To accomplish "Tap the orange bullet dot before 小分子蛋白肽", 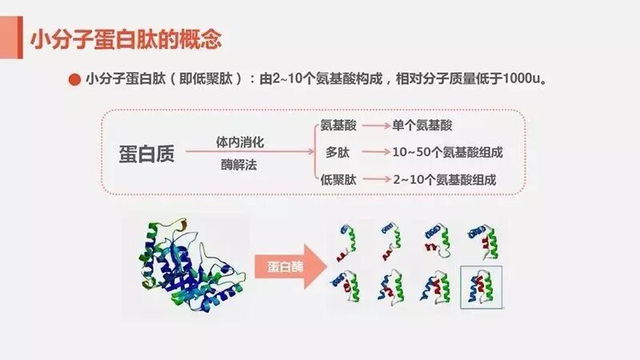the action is [74, 80].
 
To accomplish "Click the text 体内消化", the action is [240, 141].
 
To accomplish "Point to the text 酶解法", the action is [240, 166].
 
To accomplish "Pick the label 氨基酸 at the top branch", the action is [339, 126].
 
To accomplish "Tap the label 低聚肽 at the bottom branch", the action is [339, 178].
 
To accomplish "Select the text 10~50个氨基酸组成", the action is [452, 152].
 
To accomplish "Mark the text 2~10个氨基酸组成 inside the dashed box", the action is [445, 179].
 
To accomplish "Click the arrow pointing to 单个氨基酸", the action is [374, 126].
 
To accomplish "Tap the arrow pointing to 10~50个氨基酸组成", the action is [374, 153].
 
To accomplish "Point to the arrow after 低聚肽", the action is [374, 179].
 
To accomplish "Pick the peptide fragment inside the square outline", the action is [482, 286].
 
